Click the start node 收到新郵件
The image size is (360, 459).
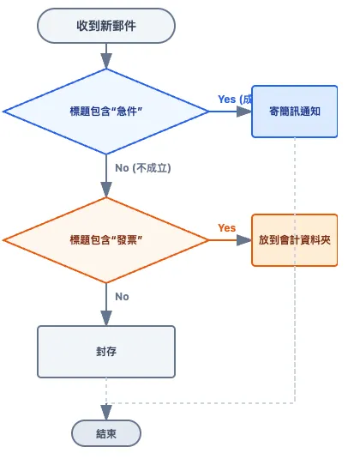[105, 26]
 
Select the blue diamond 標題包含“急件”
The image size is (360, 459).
[105, 112]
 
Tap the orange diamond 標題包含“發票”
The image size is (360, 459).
[105, 240]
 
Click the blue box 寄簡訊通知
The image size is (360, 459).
[295, 112]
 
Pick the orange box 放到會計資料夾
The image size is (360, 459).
[295, 240]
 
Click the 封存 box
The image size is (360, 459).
[105, 352]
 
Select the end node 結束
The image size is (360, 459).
[105, 433]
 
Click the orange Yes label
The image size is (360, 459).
[226, 228]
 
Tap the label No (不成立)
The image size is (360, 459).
[142, 168]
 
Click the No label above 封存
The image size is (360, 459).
[122, 297]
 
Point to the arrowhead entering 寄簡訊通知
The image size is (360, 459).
[245, 112]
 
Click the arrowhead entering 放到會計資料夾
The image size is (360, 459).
[245, 240]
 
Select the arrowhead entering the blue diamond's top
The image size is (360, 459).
[105, 63]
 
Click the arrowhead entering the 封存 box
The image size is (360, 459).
[105, 319]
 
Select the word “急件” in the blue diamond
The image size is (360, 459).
[129, 112]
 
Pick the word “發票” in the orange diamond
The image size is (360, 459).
[129, 240]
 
